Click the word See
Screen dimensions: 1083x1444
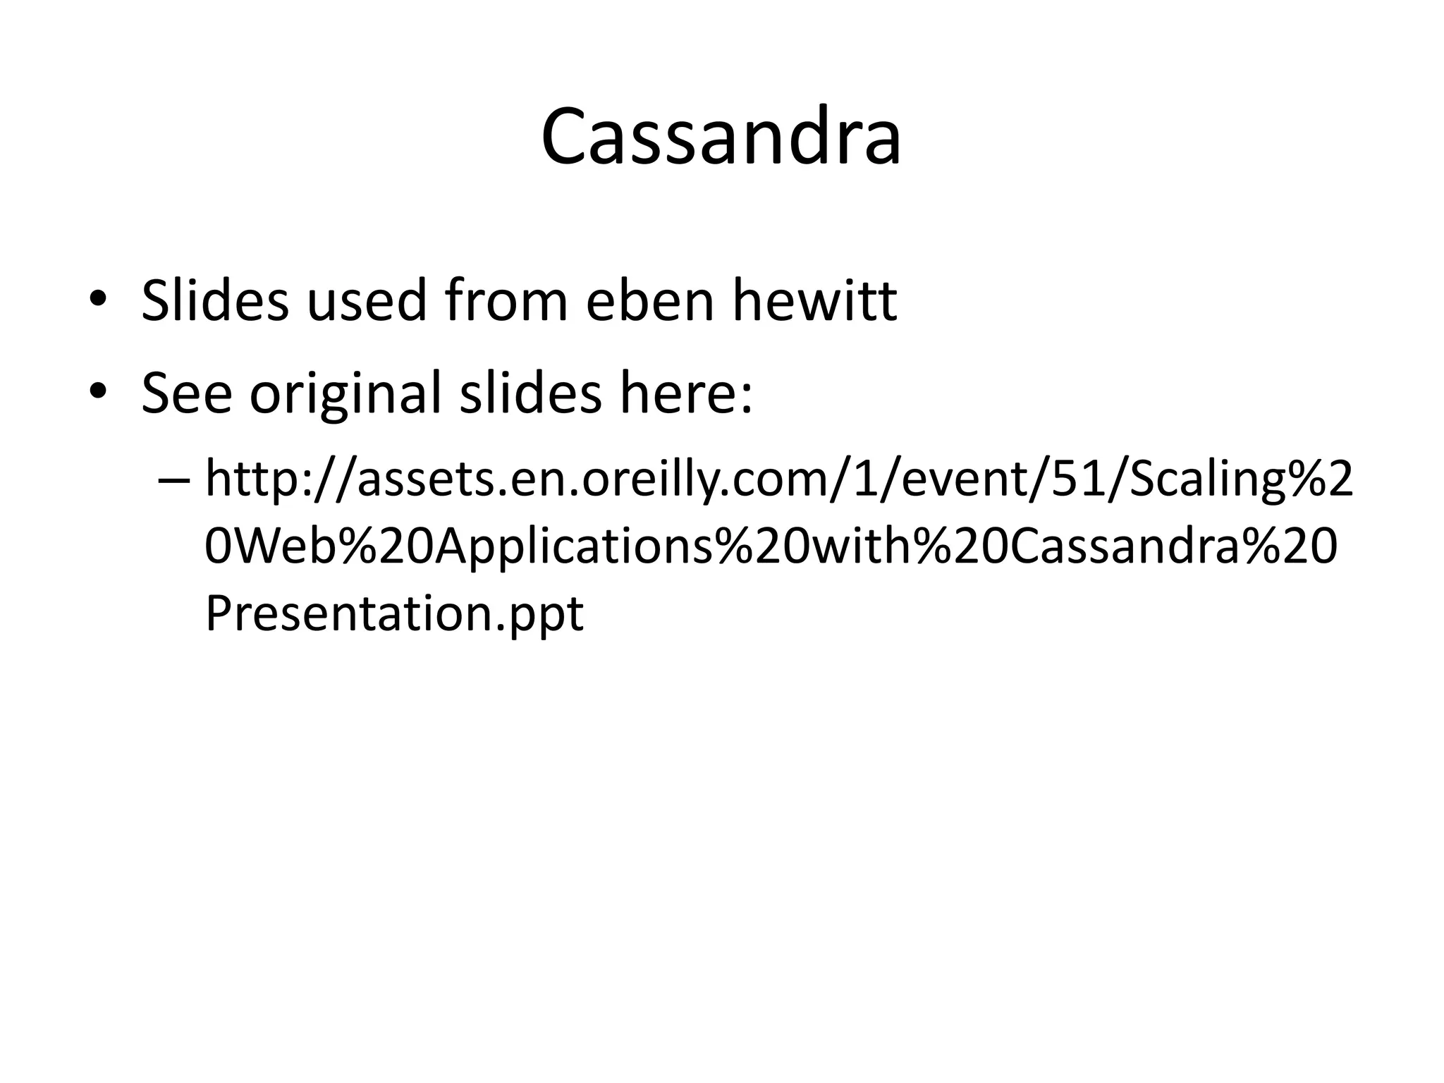(186, 392)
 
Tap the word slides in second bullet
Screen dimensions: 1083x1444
(530, 392)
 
